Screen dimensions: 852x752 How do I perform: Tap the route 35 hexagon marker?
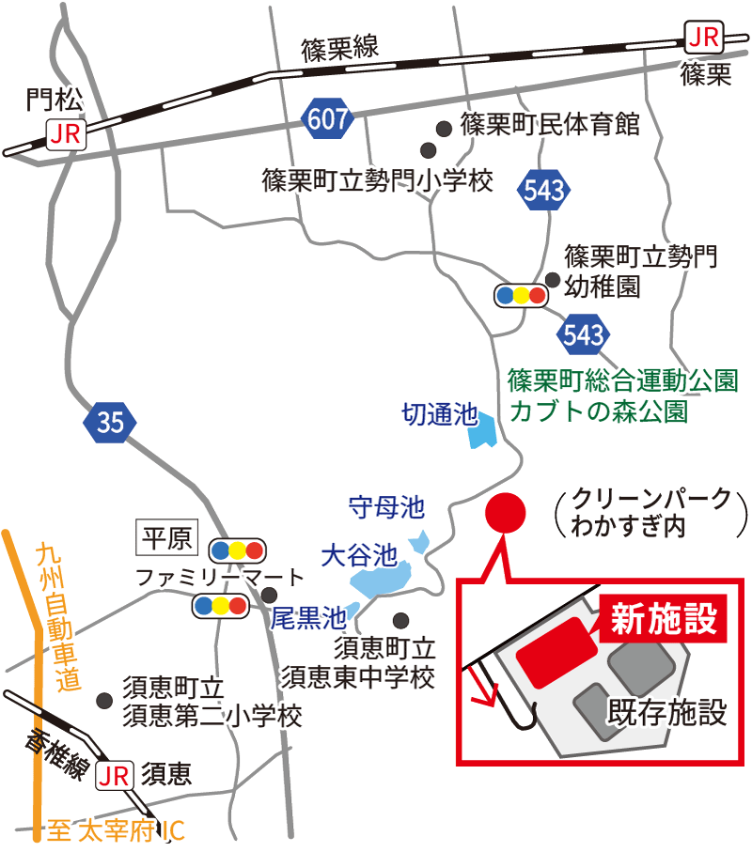coord(110,423)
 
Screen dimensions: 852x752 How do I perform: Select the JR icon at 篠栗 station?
coord(703,39)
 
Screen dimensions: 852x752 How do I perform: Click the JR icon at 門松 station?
coord(66,134)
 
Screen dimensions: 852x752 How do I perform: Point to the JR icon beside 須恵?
coord(115,775)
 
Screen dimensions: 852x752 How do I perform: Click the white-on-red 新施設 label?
coord(665,619)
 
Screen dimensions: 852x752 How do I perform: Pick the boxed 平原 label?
coord(165,537)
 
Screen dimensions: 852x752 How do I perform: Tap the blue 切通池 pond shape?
coord(483,430)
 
